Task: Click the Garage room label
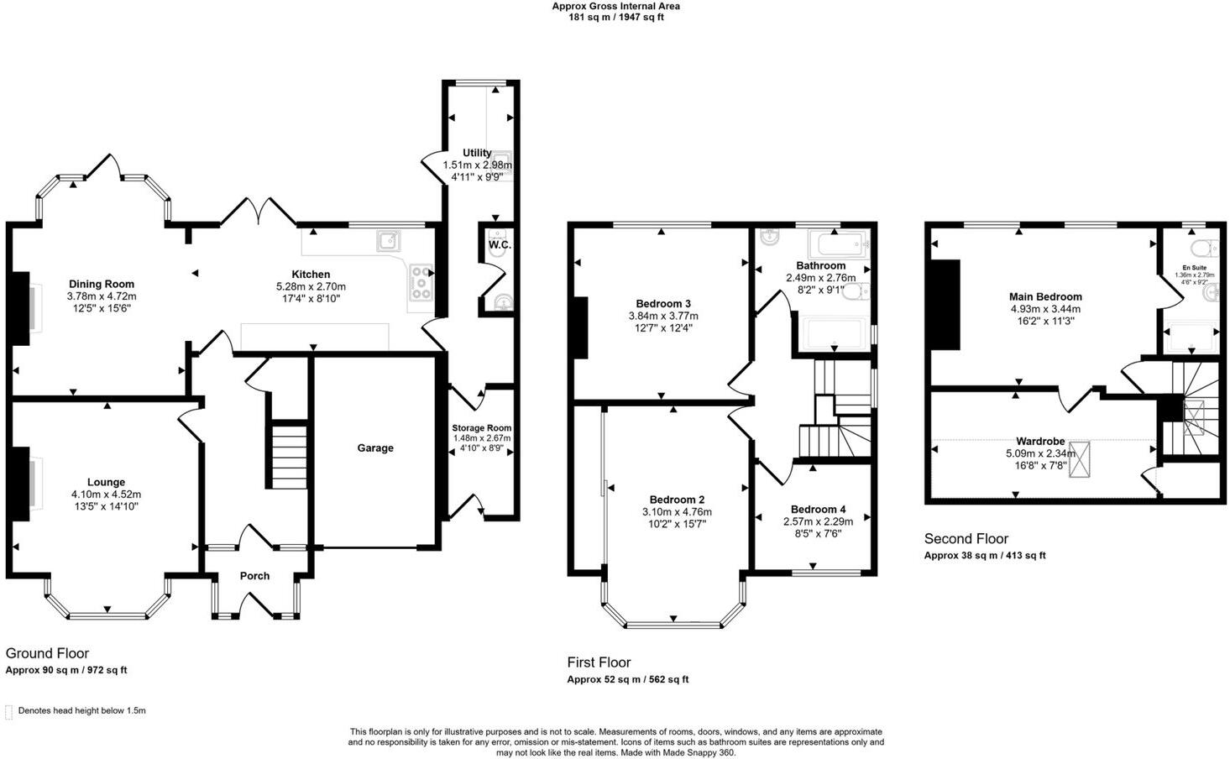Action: [375, 448]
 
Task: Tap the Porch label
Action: [254, 576]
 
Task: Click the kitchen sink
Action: [389, 242]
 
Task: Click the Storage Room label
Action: [481, 428]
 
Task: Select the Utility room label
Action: [477, 153]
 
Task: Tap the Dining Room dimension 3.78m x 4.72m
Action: [102, 296]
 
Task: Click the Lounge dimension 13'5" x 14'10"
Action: [106, 506]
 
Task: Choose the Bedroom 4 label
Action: [818, 510]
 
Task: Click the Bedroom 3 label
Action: [663, 304]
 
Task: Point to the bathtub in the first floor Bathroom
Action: [837, 244]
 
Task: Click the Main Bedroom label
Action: [1045, 296]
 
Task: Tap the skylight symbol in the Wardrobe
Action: [1079, 459]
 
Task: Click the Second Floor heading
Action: [966, 539]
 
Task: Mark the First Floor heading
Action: [599, 662]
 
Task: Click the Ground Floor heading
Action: [47, 653]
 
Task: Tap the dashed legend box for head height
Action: [9, 712]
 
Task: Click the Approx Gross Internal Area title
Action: [615, 6]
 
